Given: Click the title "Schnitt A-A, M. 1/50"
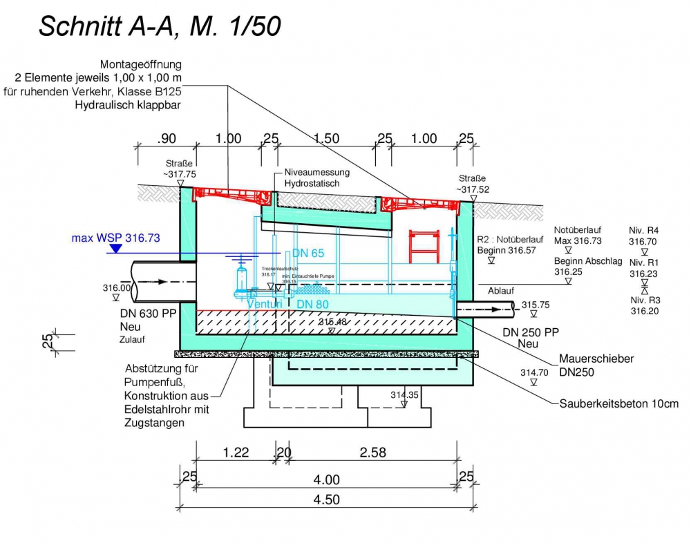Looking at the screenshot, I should coord(160,26).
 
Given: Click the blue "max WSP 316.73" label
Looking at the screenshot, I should coord(115,238).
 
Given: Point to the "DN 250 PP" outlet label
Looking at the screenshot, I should coord(531,332).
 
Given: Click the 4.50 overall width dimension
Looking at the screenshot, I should coord(326,499).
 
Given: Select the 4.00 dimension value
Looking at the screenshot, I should coord(326,479).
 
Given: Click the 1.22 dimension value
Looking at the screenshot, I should coord(236,453).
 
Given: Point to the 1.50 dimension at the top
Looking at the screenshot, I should coord(326,139).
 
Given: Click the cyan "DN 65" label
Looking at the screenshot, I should coord(308,254).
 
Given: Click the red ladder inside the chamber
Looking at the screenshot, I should coord(424,246).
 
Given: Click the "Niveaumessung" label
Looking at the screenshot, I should coord(316,172).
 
